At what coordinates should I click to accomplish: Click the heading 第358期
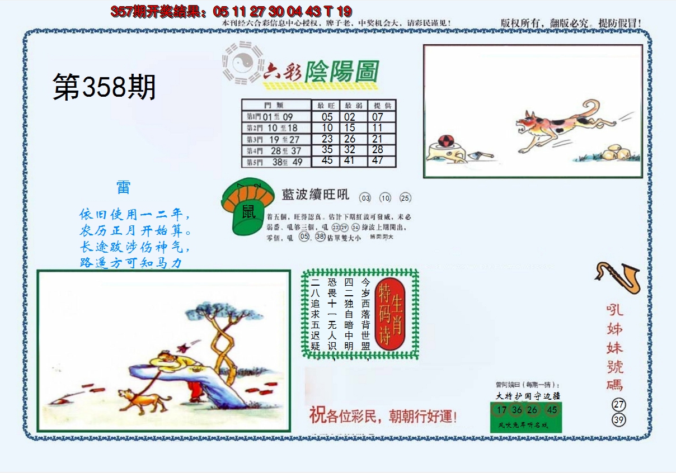tap(104, 88)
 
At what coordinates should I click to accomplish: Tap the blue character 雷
tap(123, 187)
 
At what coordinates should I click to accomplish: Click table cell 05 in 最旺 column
tap(327, 117)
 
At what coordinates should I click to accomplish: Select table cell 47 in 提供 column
tap(378, 160)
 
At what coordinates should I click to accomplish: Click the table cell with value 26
tap(350, 139)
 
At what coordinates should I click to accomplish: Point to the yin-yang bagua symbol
tap(242, 63)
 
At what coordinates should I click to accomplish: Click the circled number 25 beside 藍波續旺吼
tap(405, 198)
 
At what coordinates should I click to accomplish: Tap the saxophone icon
tap(617, 278)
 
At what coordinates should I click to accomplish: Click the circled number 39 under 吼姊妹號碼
tap(618, 420)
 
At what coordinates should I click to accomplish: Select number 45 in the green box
tap(552, 410)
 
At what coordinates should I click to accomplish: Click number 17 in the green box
tap(499, 410)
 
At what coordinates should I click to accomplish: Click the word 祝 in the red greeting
tap(317, 415)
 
